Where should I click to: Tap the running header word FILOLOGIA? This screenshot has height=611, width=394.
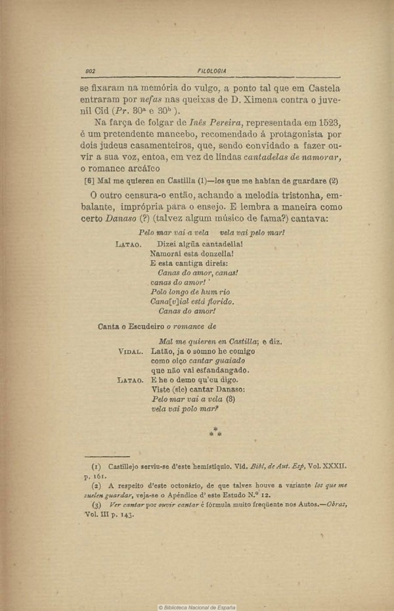coord(211,71)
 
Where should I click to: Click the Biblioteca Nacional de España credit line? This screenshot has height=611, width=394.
coord(197,606)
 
